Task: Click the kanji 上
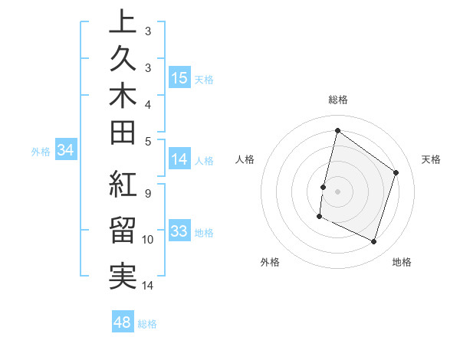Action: [x=122, y=24]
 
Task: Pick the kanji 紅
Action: [x=122, y=185]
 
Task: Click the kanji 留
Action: [x=122, y=231]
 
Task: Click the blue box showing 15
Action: [x=179, y=78]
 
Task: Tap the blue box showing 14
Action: [x=179, y=159]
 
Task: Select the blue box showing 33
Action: [x=179, y=231]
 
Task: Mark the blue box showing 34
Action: [x=66, y=151]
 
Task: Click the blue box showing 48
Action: [x=123, y=322]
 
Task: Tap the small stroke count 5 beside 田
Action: [x=147, y=140]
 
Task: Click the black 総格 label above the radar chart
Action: [x=337, y=100]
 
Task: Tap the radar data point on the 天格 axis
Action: [x=396, y=172]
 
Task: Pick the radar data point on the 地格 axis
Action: [x=374, y=242]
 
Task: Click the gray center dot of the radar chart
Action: [x=337, y=191]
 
